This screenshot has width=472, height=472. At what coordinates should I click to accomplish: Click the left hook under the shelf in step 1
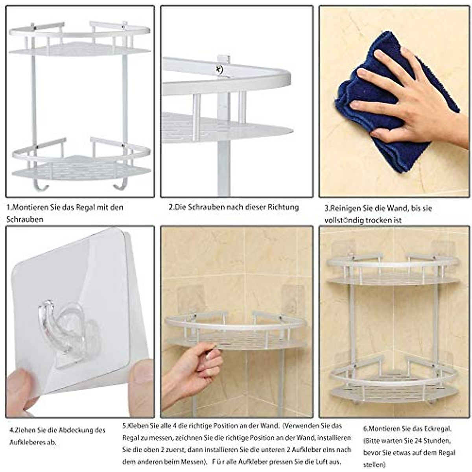click(40, 185)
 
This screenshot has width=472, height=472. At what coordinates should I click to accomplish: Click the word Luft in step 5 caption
click(319, 461)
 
